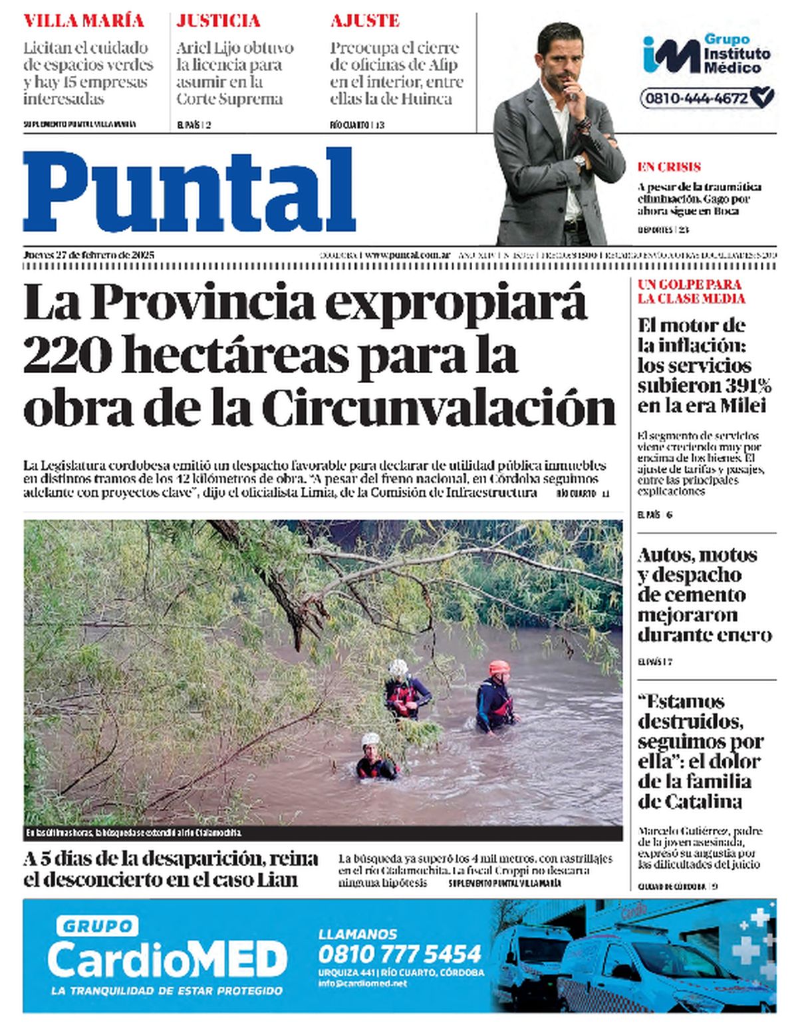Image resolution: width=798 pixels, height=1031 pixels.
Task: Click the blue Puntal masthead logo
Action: tap(190, 191)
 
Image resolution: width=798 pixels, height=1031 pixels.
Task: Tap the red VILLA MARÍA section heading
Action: tap(84, 21)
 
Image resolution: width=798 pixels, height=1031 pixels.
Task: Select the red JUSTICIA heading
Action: tap(218, 21)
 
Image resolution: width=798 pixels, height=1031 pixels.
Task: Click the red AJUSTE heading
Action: tap(365, 21)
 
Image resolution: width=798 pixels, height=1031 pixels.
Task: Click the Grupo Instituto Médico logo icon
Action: tap(670, 55)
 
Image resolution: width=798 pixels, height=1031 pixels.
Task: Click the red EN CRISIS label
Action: tap(669, 167)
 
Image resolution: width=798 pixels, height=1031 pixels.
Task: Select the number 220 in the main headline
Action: tap(66, 357)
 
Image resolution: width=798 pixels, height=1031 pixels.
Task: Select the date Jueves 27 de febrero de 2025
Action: tap(89, 255)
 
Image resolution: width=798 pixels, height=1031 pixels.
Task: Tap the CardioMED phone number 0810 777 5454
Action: tap(400, 954)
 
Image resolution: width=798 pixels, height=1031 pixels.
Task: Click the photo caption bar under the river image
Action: tap(323, 833)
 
